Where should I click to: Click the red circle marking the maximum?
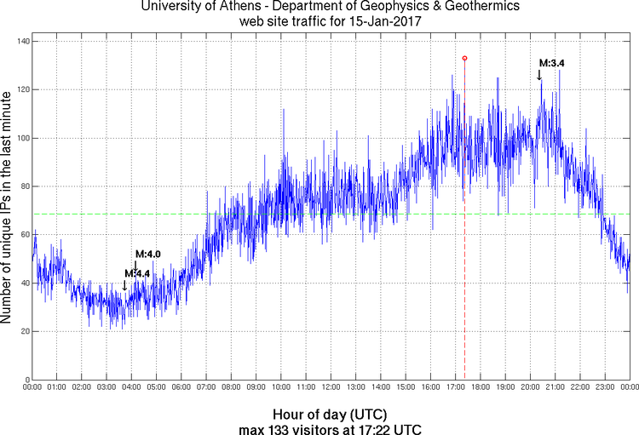pos(464,58)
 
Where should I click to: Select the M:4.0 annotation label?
pos(148,254)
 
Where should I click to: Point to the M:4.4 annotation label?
pos(137,272)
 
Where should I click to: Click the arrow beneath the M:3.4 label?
pos(539,76)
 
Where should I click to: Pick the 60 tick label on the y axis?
pos(23,235)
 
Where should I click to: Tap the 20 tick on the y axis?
pos(23,331)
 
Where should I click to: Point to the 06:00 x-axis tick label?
pos(181,387)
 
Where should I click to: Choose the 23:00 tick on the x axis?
pos(604,387)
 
